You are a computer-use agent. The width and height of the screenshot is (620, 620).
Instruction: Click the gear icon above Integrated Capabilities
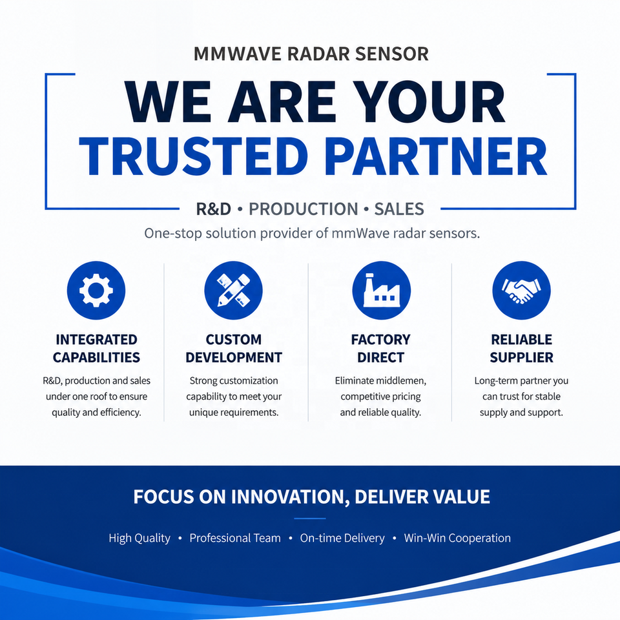coord(96,290)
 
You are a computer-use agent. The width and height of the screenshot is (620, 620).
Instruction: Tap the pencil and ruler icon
coord(233,290)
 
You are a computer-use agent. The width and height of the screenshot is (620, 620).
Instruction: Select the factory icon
coord(381,290)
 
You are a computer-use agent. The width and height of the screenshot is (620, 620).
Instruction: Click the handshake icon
coord(521,290)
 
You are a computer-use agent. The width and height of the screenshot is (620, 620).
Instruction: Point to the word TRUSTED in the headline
coord(194,156)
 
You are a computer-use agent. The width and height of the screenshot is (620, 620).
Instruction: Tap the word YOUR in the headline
coord(429,102)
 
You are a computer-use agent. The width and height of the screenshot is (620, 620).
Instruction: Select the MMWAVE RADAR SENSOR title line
coord(311,54)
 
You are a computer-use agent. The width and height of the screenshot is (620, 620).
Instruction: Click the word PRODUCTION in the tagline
coord(304,209)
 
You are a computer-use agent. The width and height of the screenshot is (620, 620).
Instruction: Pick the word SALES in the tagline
coord(399,209)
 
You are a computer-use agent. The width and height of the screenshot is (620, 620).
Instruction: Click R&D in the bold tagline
coord(214,209)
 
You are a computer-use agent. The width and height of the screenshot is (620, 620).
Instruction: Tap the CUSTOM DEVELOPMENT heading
coord(234,348)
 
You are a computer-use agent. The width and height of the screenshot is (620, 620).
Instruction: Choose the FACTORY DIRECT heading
coord(381,348)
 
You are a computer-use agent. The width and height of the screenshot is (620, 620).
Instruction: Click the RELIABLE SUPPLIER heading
coord(522,348)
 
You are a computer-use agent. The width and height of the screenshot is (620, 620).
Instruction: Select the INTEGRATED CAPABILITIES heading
coord(96,348)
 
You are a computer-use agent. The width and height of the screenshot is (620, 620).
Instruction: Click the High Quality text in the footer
coord(139,538)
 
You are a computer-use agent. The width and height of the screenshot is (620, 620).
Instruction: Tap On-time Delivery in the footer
coord(342,538)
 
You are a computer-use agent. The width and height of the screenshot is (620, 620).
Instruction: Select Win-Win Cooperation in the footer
coord(457,538)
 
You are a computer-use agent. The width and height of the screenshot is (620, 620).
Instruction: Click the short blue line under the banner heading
coord(310,519)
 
